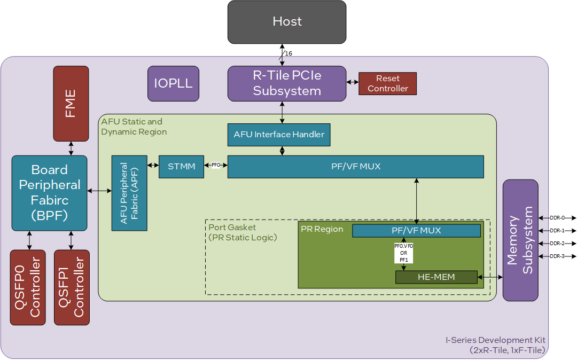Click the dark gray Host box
tap(287, 22)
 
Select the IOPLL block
tap(173, 83)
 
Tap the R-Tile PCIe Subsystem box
tap(287, 83)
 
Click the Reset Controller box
tap(387, 83)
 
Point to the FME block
tap(71, 104)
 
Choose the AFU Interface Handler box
tap(279, 135)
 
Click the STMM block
tap(181, 167)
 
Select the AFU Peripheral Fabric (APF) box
tap(129, 193)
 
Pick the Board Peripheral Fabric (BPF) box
tap(49, 193)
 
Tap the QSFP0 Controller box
tap(28, 287)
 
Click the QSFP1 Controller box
tap(72, 287)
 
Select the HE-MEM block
tap(436, 277)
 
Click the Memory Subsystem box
tap(520, 240)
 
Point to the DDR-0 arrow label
tap(557, 218)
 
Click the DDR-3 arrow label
tap(557, 256)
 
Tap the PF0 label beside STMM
tap(216, 166)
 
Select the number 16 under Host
tap(288, 53)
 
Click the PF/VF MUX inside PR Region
tap(416, 231)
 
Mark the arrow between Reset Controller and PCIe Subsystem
tap(352, 82)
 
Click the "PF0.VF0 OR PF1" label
tap(403, 253)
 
